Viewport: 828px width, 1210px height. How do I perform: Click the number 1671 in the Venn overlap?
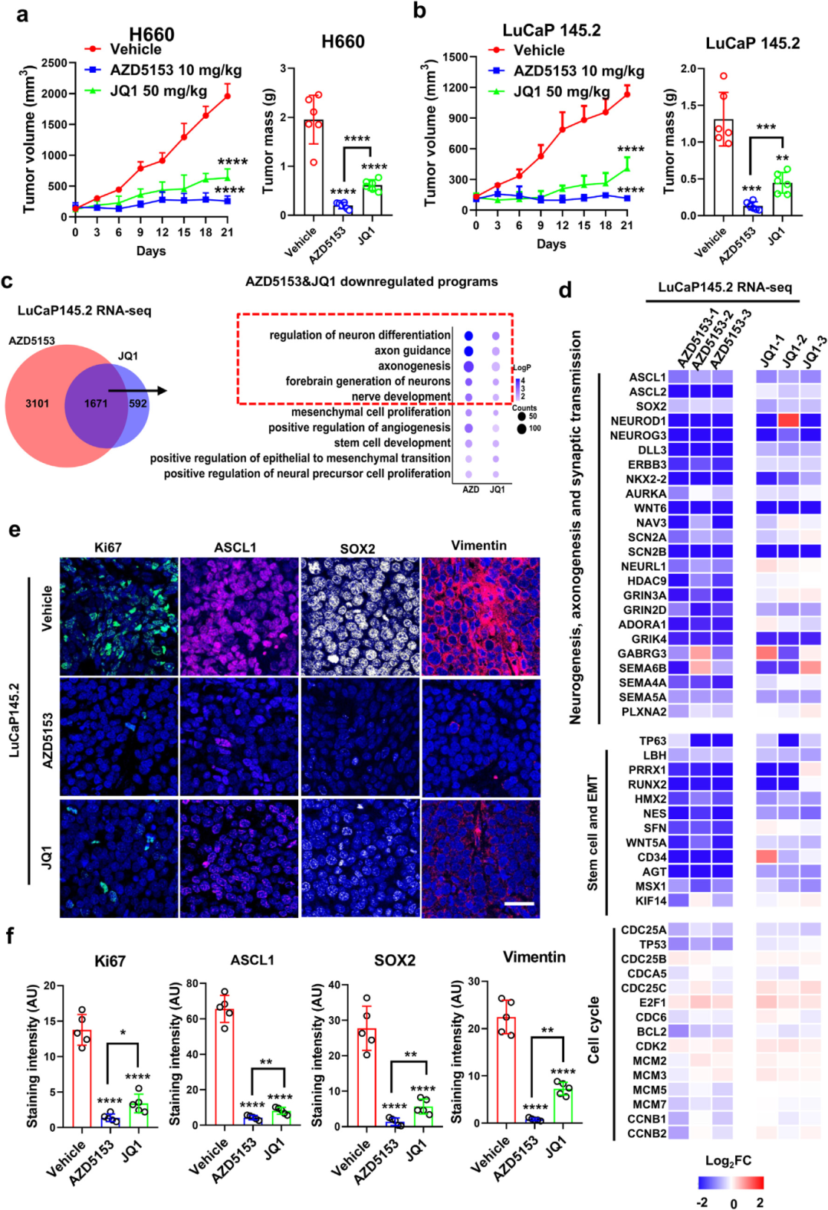pos(96,403)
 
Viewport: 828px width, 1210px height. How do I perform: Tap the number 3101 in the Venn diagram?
pos(37,403)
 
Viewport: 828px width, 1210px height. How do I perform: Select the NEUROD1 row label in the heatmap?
pos(638,421)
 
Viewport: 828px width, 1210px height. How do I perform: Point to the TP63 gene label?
pos(652,741)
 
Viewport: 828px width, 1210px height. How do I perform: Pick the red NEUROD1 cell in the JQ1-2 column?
pos(789,421)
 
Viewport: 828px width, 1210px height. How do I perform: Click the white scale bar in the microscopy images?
pos(519,904)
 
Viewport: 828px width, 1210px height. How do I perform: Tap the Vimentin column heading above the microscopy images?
pos(478,546)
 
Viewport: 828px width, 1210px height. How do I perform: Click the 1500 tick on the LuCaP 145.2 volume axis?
pos(455,57)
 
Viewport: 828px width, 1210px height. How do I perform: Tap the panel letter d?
pos(565,290)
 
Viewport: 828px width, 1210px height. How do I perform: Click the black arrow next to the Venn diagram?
pos(138,391)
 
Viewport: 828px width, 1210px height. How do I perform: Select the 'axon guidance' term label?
pos(412,351)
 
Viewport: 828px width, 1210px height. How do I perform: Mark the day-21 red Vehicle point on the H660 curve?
pos(227,96)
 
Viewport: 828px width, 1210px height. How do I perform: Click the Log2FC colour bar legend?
pos(731,1182)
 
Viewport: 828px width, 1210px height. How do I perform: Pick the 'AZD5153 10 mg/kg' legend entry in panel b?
pos(578,71)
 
